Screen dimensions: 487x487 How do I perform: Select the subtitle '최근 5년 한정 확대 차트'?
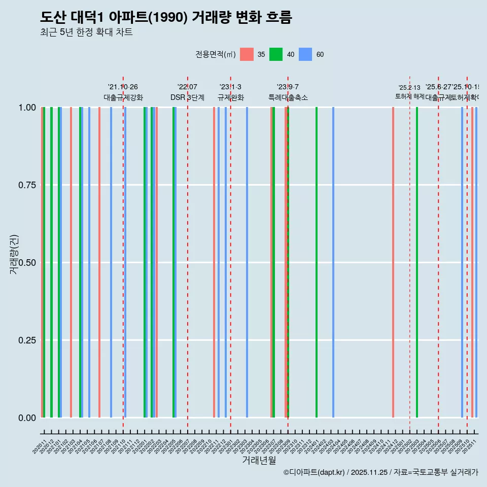click(x=86, y=32)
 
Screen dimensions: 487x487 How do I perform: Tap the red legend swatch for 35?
click(x=247, y=54)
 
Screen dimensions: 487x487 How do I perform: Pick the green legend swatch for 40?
click(x=276, y=54)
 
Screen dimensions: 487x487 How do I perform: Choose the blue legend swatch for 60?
click(x=305, y=54)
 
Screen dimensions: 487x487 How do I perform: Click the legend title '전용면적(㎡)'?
click(x=215, y=54)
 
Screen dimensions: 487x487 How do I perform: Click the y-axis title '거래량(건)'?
click(x=14, y=254)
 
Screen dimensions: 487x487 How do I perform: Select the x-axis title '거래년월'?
click(x=259, y=460)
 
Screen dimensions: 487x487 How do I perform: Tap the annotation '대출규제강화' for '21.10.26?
click(x=123, y=97)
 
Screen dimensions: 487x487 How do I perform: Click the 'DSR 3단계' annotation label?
click(x=187, y=97)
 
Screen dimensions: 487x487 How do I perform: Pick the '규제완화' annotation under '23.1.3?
click(x=230, y=97)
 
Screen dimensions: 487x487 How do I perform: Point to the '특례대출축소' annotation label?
click(x=288, y=97)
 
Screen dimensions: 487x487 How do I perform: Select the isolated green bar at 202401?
click(x=317, y=262)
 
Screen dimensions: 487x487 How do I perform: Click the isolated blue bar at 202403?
click(x=333, y=262)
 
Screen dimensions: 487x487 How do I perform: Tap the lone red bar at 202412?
click(x=393, y=262)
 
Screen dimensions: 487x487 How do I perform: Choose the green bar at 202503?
click(x=417, y=262)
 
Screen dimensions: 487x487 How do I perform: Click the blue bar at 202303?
click(x=247, y=262)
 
